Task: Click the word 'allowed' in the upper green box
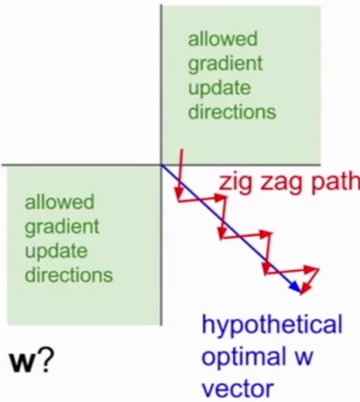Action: [222, 39]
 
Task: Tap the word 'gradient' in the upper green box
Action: [225, 65]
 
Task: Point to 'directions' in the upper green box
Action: [232, 112]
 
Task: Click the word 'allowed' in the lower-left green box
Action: [60, 202]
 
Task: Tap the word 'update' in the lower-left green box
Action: [56, 252]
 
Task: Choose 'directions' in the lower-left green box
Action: [69, 274]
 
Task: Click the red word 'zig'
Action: [235, 182]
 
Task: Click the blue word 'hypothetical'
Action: [272, 325]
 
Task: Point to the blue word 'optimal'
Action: [244, 356]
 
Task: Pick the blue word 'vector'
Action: [238, 389]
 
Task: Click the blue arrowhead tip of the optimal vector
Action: [300, 291]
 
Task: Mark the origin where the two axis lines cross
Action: [161, 165]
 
